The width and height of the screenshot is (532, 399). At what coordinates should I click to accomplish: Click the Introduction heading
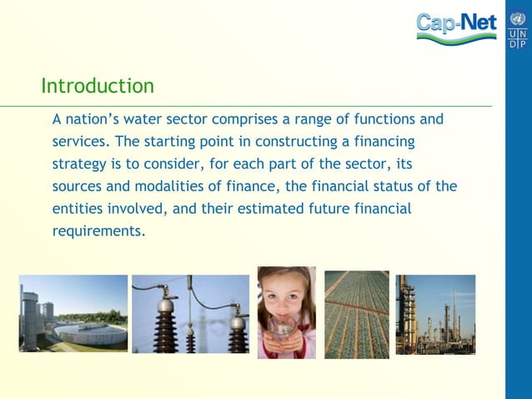click(x=98, y=86)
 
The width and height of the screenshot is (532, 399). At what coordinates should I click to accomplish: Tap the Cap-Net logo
click(x=455, y=28)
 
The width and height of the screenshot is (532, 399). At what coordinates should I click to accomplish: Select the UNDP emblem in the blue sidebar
click(x=518, y=29)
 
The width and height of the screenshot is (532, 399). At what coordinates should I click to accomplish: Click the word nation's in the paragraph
click(x=92, y=119)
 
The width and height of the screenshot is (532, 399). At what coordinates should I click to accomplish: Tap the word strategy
click(x=80, y=164)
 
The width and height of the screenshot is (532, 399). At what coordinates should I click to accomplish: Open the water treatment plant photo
click(x=73, y=313)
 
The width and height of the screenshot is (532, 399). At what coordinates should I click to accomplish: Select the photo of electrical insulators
click(x=190, y=314)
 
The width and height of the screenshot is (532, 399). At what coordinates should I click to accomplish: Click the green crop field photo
click(x=356, y=314)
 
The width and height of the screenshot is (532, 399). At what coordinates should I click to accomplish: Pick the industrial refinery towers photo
click(x=435, y=314)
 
